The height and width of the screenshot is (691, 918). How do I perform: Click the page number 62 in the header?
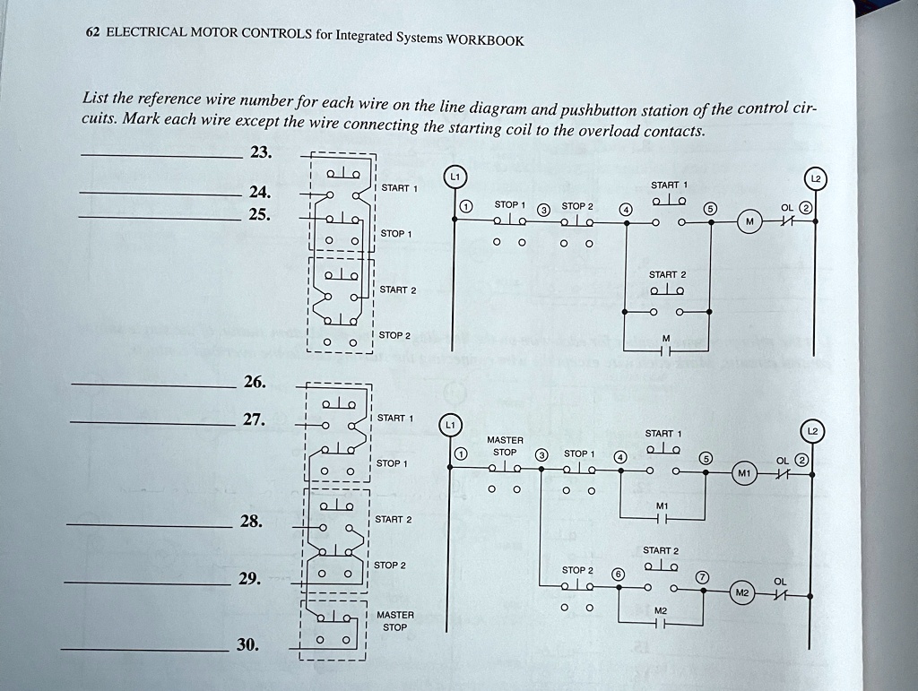pos(91,31)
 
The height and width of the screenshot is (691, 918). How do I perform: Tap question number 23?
pos(260,152)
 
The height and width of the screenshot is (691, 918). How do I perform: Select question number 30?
pos(247,643)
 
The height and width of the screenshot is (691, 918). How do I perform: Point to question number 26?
pos(254,382)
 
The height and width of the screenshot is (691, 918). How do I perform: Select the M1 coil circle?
pos(741,472)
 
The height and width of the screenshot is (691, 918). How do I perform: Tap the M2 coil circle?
pos(740,592)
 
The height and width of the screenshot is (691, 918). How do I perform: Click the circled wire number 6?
pos(616,574)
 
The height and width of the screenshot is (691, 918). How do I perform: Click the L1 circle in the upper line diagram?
pos(455,177)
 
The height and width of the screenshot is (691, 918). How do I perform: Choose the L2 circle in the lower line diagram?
pos(812,432)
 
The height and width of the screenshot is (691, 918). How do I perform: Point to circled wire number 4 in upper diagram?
pos(626,210)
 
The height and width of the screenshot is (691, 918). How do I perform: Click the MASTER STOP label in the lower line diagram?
pos(505,446)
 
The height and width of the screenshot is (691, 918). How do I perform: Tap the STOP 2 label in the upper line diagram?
pos(576,205)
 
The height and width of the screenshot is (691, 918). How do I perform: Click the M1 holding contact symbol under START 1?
pos(663,516)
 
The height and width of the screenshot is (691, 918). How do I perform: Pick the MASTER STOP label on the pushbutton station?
pos(394,621)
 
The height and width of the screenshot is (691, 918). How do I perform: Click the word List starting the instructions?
pos(95,98)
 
